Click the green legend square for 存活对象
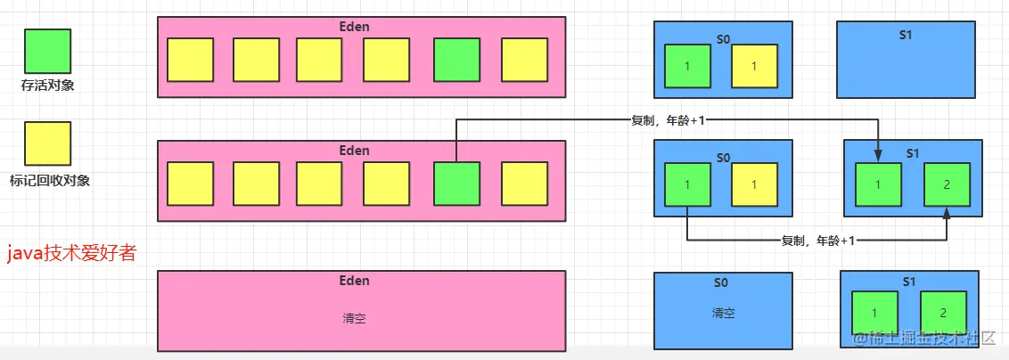[x=47, y=52]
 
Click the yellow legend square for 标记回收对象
[x=47, y=144]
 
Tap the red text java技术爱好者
[x=72, y=254]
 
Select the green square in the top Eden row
[x=457, y=60]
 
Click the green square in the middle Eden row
[x=457, y=184]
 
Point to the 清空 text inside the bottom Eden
[x=354, y=318]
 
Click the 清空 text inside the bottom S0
[x=723, y=314]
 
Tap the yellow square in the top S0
[x=755, y=67]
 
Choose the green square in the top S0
[x=688, y=67]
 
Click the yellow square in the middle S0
[x=755, y=184]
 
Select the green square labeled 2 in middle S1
[x=947, y=184]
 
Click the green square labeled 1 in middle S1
[x=879, y=184]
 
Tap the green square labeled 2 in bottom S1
[x=944, y=314]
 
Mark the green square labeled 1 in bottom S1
[x=875, y=314]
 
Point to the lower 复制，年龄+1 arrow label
[x=817, y=241]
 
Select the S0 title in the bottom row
[x=722, y=283]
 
